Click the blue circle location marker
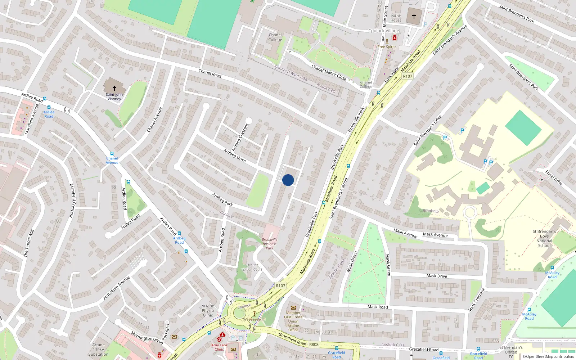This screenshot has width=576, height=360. click(288, 180)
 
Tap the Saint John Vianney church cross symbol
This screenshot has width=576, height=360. click(114, 88)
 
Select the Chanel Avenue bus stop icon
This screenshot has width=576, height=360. click(112, 154)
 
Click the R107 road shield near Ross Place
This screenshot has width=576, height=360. click(408, 76)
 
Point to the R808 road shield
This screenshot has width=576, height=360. click(314, 345)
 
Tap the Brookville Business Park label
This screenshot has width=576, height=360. click(270, 244)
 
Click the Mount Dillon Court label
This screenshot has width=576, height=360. click(253, 267)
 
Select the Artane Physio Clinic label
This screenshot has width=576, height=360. click(208, 310)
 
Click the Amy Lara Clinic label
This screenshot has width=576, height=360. click(219, 347)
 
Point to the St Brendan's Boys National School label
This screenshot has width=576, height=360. click(544, 238)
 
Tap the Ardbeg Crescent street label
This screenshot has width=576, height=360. click(240, 137)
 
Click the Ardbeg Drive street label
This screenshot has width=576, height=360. click(235, 155)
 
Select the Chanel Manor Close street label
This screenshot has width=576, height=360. click(329, 72)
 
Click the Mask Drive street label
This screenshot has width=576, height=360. click(437, 276)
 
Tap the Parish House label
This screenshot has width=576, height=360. click(396, 18)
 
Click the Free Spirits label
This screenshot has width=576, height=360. click(387, 47)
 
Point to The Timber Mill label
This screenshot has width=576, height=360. click(29, 243)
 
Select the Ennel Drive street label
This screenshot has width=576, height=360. click(554, 178)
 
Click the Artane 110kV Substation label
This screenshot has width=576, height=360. click(98, 350)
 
